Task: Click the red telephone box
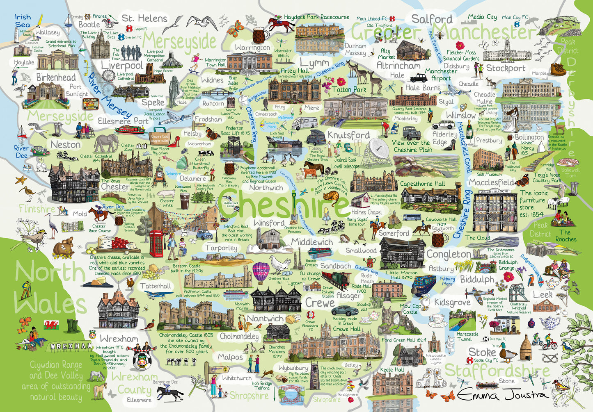(x=156, y=244)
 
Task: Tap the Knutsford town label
(x=348, y=135)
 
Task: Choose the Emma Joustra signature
(x=502, y=395)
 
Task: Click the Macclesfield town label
(x=491, y=182)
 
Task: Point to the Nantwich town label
(x=266, y=319)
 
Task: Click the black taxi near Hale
(x=419, y=78)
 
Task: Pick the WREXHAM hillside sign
(x=72, y=346)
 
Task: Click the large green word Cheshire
(x=283, y=204)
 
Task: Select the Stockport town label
(x=506, y=68)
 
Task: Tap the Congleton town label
(x=449, y=254)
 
